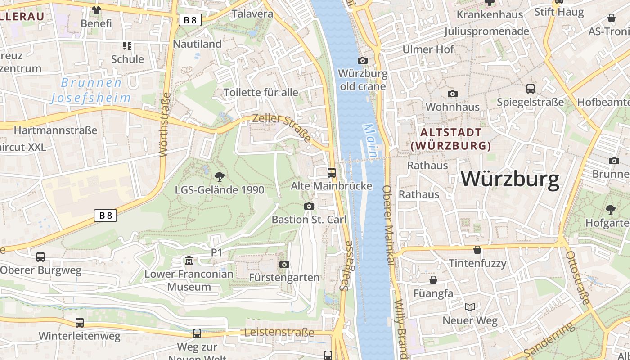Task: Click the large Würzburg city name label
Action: coord(510,179)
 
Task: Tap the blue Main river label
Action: coord(370,140)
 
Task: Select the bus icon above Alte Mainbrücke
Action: coord(332,172)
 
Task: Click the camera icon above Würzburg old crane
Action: coord(362,60)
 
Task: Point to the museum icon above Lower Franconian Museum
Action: coord(189,261)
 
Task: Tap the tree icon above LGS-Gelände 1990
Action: coord(219,176)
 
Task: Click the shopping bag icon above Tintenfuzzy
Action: coord(477,250)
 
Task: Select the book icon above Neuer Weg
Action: coord(470,307)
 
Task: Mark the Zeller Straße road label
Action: coord(282,128)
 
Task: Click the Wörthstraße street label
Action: coord(165,125)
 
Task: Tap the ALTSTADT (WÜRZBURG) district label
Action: coord(451,139)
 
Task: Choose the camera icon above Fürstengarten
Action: coord(284,264)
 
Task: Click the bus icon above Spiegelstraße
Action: coord(531,88)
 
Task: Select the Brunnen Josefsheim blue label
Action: coord(91,90)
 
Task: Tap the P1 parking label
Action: coord(217,253)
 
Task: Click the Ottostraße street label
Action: coord(577,278)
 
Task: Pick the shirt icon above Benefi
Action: coord(96,10)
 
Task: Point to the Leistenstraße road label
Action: coord(279,333)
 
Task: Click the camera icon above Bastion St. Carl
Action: coord(309,206)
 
